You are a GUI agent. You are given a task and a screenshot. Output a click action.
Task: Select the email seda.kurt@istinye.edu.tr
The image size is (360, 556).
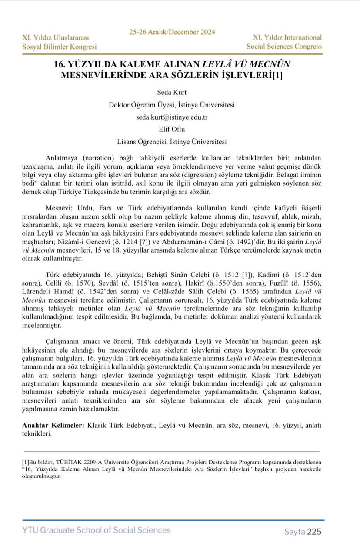172,117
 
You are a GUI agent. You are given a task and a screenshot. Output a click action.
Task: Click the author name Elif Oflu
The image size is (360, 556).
172,129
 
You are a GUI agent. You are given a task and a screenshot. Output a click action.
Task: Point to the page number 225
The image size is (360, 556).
314,531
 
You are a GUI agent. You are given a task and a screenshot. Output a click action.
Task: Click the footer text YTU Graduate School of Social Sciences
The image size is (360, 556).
97,530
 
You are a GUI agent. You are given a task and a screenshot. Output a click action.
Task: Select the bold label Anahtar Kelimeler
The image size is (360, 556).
53,424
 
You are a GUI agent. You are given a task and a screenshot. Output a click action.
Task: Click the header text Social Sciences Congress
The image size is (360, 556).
284,46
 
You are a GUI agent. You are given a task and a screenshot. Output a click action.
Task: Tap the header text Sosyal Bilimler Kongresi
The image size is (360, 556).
60,47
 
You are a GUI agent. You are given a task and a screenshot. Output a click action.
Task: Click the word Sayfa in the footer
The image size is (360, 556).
294,532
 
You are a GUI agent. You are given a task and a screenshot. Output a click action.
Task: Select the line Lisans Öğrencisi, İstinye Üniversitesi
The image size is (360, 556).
172,142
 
